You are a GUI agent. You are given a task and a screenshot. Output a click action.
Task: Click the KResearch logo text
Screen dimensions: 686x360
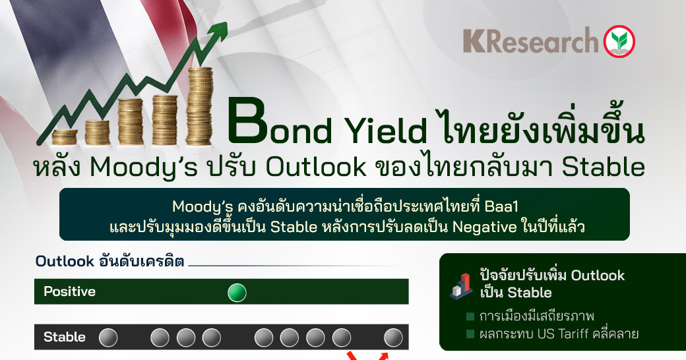tap(530, 41)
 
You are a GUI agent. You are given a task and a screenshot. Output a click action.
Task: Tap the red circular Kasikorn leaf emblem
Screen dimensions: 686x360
tap(619, 41)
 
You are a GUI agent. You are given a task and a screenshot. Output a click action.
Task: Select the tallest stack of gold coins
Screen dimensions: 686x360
tap(199, 106)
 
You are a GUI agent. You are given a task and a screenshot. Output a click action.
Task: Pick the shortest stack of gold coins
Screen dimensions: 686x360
tap(65, 137)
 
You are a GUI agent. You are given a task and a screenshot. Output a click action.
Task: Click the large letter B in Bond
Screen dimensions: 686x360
tap(247, 121)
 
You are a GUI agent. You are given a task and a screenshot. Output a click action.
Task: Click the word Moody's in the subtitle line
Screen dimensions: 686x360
tap(144, 167)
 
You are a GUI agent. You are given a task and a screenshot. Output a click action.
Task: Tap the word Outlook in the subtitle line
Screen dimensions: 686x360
tap(316, 167)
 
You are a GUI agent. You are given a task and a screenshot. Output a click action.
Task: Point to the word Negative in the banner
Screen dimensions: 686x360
tap(484, 227)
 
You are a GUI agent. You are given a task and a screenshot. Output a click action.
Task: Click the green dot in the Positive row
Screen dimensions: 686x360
tap(237, 293)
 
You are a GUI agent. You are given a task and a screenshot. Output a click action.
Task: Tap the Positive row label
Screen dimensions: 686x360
tap(69, 291)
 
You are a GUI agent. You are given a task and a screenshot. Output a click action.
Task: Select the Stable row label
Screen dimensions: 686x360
tap(65, 337)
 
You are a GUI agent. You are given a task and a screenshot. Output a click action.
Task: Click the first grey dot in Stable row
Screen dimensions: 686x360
tap(108, 338)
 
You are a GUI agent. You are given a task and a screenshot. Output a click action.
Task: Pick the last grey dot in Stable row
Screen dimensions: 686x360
tap(393, 338)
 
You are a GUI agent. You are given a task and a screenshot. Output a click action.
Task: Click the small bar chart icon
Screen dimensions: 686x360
tap(462, 286)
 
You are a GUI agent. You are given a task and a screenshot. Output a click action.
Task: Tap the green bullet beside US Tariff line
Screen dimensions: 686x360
tap(470, 334)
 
